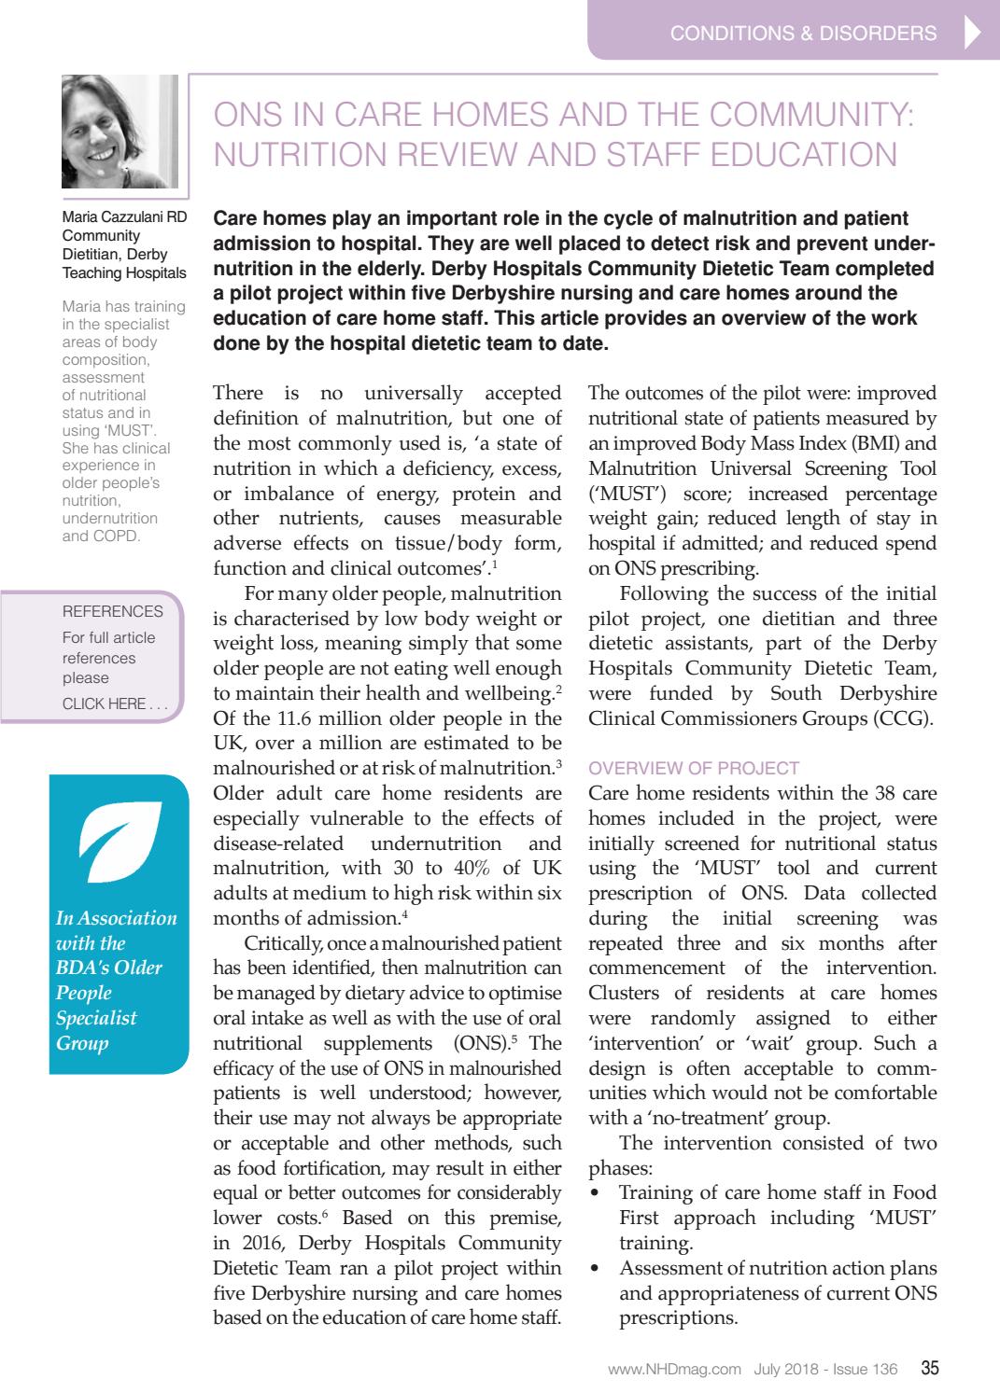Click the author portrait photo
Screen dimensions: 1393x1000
point(119,132)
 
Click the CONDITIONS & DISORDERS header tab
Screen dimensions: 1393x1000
point(803,34)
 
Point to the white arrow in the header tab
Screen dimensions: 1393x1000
point(971,34)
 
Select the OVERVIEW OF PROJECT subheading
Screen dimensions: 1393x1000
point(694,769)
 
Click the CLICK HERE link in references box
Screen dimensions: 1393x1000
point(115,704)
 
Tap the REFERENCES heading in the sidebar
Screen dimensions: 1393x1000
point(112,612)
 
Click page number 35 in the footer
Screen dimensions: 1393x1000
point(929,1370)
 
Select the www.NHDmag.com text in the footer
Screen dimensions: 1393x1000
point(674,1371)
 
